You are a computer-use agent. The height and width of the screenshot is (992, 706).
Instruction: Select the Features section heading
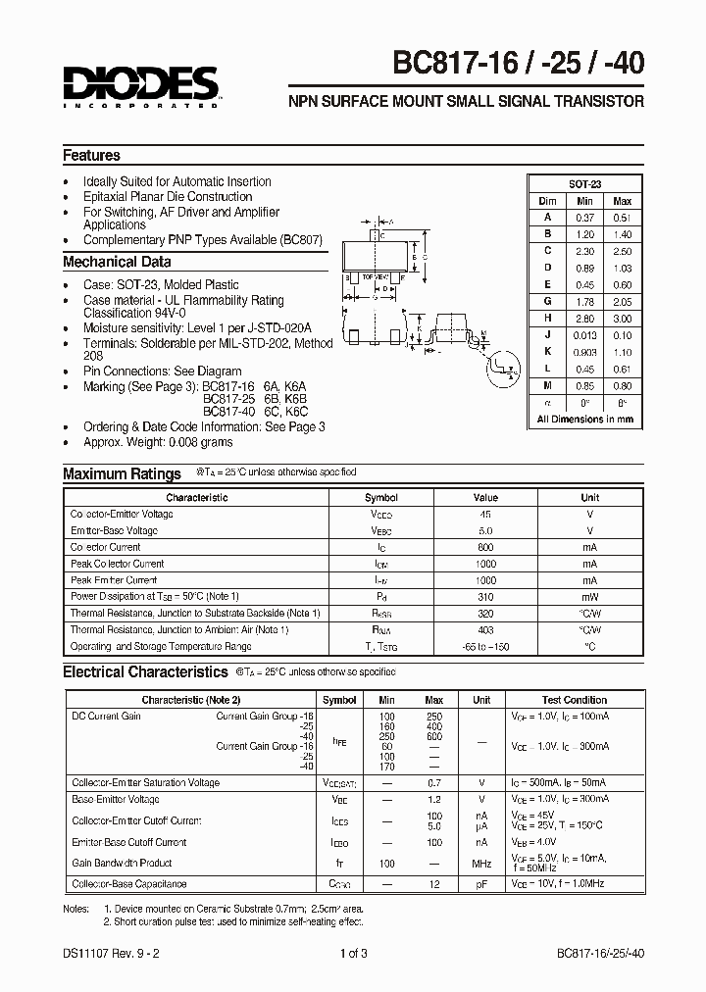(x=91, y=155)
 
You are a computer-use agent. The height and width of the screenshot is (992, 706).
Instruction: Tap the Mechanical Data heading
(x=117, y=262)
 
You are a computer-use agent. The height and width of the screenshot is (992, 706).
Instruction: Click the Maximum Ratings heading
(x=122, y=474)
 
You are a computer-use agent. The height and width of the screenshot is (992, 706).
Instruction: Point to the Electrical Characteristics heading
(x=145, y=672)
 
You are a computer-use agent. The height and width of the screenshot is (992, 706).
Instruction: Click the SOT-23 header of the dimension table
(x=585, y=184)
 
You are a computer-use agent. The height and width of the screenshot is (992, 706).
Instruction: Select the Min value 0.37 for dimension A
(x=585, y=218)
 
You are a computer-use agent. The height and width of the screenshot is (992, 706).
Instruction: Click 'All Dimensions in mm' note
(x=585, y=419)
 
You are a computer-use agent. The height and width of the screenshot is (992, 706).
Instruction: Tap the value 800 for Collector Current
(x=485, y=547)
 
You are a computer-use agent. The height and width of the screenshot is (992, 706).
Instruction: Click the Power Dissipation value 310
(x=485, y=596)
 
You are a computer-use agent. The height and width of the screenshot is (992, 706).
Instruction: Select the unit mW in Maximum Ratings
(x=589, y=596)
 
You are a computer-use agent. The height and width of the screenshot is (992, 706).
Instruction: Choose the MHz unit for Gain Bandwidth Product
(x=481, y=864)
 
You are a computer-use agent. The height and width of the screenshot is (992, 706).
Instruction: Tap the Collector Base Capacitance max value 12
(x=434, y=884)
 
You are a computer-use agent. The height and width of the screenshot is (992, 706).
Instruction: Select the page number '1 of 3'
(x=354, y=952)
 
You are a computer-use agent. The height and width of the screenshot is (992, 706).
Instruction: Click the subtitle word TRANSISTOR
(x=600, y=101)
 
